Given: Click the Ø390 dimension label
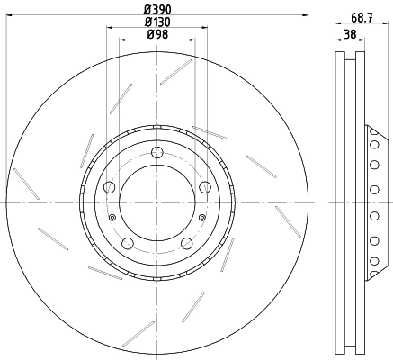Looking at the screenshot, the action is tap(157, 10).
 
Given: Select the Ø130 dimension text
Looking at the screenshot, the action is tap(157, 22).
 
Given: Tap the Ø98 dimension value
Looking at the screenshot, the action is tap(157, 34).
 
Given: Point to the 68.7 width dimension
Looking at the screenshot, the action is tap(362, 18).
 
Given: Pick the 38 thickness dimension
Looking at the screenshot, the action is tap(350, 34).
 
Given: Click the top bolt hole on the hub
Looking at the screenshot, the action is tap(156, 152).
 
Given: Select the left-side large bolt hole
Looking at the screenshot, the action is tap(109, 187).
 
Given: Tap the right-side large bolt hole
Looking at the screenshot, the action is tap(205, 187).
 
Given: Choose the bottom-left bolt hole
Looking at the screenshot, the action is tap(128, 243).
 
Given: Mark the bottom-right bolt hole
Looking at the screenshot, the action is tap(187, 243).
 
